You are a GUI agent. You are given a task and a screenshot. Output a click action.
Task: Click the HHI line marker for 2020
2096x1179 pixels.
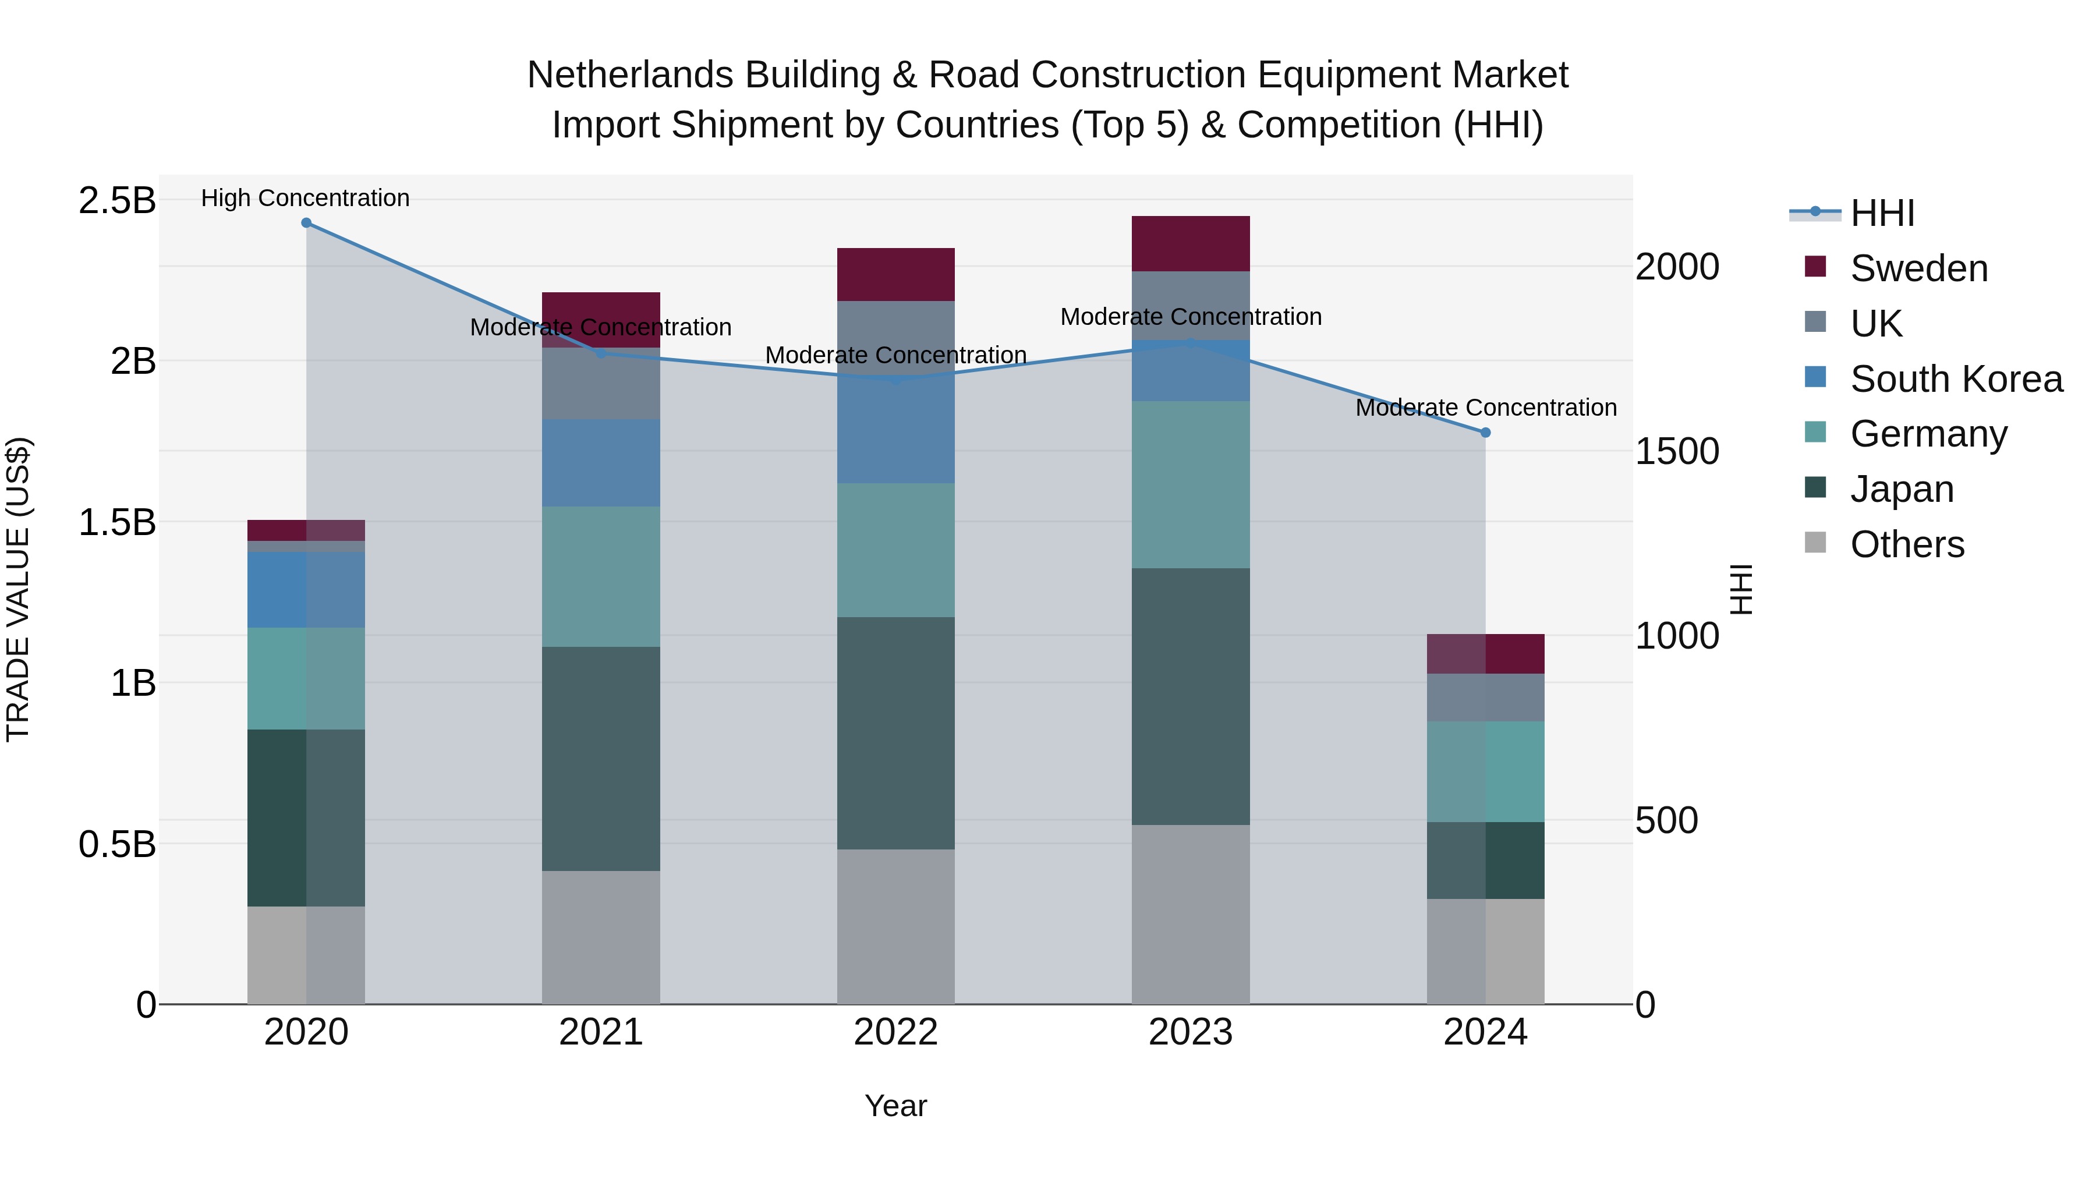pyautogui.click(x=306, y=222)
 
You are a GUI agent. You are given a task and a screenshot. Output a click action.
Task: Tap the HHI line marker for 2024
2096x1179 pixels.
pyautogui.click(x=1485, y=432)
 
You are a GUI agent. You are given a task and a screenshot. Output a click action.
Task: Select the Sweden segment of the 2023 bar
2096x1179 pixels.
pyautogui.click(x=1191, y=243)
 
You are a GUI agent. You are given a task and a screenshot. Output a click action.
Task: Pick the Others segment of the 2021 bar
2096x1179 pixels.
pyautogui.click(x=600, y=937)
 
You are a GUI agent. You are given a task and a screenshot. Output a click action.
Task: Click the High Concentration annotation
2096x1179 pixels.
pyautogui.click(x=305, y=198)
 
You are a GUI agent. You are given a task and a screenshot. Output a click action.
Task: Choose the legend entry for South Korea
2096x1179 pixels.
pyautogui.click(x=1956, y=378)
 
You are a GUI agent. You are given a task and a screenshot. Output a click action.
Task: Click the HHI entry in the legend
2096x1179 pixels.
pyautogui.click(x=1882, y=213)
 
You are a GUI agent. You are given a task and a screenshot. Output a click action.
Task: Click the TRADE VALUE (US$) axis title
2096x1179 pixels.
pyautogui.click(x=18, y=589)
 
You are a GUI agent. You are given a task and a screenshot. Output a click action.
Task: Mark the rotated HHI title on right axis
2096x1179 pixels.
pyautogui.click(x=1740, y=589)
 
